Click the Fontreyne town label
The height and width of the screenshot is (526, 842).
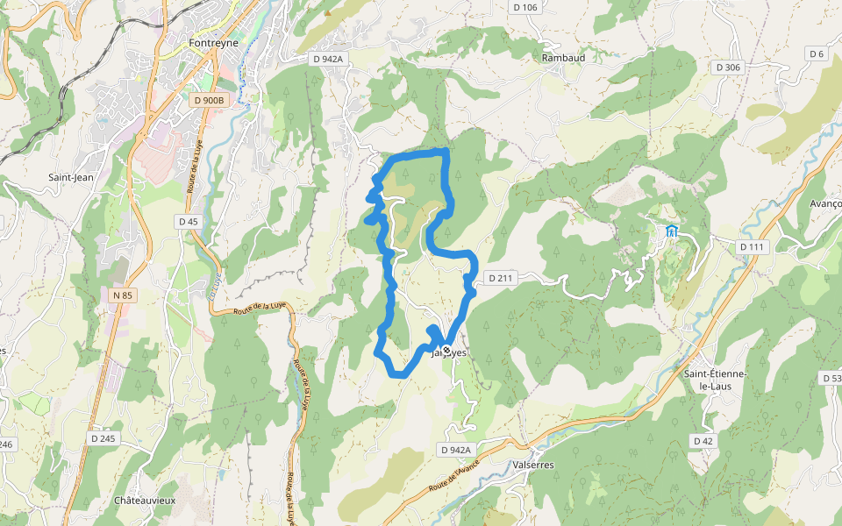coord(214,41)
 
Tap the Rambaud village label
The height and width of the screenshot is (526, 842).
coord(563,57)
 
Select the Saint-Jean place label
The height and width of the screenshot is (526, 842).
coord(71,177)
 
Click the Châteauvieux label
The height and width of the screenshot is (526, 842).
coord(145,501)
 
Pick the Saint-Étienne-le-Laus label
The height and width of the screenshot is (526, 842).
coord(715,380)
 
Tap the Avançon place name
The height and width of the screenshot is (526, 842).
coord(825,203)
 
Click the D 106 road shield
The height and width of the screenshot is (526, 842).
coord(524,8)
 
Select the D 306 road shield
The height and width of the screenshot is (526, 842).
coord(728,68)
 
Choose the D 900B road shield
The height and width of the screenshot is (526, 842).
coord(208,101)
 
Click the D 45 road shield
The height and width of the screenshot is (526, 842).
coord(189,222)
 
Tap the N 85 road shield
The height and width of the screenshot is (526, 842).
coord(122,296)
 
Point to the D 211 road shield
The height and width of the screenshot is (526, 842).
coord(498,279)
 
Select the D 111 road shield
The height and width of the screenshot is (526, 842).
coord(753,247)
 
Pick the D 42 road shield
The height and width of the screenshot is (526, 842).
coord(702,441)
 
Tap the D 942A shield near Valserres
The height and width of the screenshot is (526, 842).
coord(455,450)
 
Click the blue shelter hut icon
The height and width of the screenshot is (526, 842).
coord(672,231)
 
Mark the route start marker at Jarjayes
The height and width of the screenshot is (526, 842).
coord(446,351)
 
